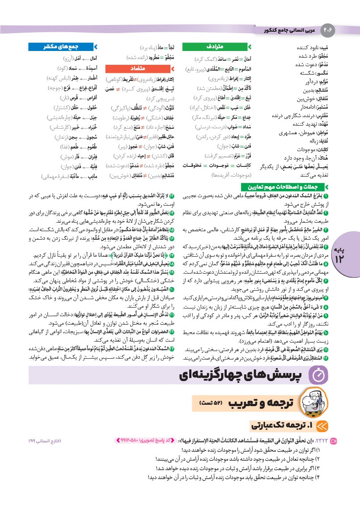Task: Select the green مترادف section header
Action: [x=220, y=47]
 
